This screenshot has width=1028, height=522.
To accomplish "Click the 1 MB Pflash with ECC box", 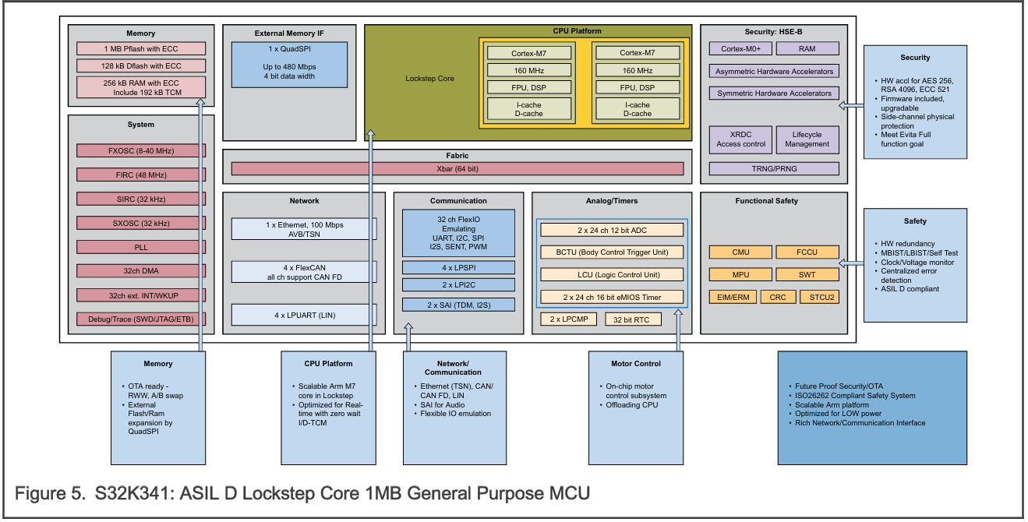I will pos(140,48).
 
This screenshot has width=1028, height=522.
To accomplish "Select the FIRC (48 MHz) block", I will pos(140,175).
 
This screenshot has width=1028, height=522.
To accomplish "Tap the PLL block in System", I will pos(140,247).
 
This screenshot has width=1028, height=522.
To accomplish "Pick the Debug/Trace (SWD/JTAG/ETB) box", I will pos(140,319).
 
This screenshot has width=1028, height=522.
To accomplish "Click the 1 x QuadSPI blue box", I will pos(289,64).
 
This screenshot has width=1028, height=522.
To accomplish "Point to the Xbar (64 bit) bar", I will pos(457,168).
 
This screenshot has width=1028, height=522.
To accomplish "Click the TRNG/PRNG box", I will pos(774,168).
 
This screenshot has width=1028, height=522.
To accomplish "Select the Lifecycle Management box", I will pos(807,139).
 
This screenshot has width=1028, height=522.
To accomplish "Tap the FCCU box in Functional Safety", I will pos(807,252).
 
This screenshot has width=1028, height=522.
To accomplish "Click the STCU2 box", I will pos(821,297).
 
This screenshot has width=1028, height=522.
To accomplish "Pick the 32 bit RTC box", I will pos(632,319).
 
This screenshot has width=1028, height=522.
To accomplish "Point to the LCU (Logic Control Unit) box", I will pos(612,274).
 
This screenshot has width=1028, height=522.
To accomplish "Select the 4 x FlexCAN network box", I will pos(304,271).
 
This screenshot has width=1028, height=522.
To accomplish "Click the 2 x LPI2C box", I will pos(458,285).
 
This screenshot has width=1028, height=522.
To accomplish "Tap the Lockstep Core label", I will pos(429,79).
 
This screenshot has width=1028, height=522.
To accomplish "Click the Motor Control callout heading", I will pos(636,363).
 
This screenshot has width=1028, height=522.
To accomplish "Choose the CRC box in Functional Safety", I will pos(777,297).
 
